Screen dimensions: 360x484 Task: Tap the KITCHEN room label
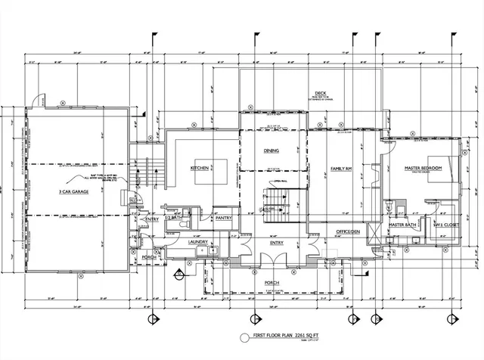(199, 167)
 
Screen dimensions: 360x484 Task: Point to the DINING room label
(271, 151)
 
